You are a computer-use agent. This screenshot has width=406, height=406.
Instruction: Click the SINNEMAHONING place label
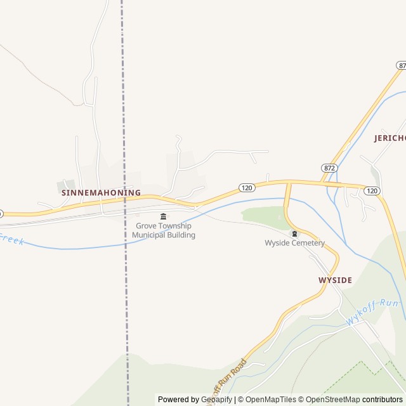[101, 192]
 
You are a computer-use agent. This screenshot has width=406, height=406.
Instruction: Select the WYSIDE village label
[335, 280]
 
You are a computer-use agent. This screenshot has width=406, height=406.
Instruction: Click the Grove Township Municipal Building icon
[164, 217]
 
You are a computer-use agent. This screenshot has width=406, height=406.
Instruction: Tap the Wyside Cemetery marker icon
[294, 234]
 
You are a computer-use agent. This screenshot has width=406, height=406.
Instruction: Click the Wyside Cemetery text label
[294, 243]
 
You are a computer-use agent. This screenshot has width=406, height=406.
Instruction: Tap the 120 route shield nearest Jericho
[372, 190]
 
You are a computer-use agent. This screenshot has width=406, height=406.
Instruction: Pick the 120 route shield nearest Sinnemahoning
[247, 188]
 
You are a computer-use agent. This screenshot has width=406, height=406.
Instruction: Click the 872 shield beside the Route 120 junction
[329, 168]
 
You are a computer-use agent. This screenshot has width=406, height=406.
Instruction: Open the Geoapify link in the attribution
[216, 400]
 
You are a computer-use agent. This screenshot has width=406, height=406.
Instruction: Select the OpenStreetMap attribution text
[332, 400]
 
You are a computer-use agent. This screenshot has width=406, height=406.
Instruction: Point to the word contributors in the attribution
[383, 400]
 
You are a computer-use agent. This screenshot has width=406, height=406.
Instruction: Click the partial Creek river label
[11, 239]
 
